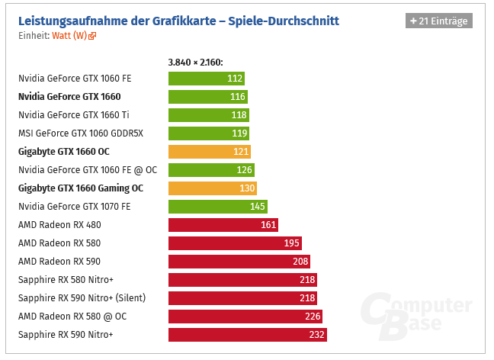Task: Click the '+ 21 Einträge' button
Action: (438, 21)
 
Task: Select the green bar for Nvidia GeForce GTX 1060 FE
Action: (206, 78)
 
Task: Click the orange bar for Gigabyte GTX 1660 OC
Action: (210, 151)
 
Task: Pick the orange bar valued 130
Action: (213, 188)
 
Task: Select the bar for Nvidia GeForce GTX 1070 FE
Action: (218, 206)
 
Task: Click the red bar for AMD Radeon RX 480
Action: (223, 224)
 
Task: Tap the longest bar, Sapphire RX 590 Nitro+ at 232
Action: (248, 334)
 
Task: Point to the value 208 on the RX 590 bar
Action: (300, 261)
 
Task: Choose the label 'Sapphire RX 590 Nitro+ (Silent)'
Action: (82, 297)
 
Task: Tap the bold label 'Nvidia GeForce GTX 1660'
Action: (69, 96)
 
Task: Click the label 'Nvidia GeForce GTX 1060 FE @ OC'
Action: (87, 169)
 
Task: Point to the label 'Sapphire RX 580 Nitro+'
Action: (66, 279)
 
